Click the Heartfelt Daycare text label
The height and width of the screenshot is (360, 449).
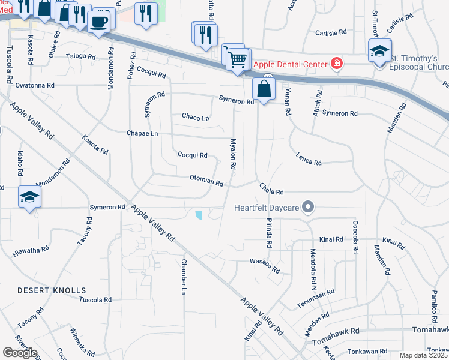click(267, 208)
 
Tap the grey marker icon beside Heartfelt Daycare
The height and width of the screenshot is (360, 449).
click(309, 208)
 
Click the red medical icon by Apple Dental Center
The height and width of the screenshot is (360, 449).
click(337, 64)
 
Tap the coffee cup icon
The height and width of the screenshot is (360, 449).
click(100, 22)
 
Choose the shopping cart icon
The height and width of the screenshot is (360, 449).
click(238, 59)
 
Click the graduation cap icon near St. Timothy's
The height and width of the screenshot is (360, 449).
click(379, 51)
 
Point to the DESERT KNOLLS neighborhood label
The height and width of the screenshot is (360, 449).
click(52, 290)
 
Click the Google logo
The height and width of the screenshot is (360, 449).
click(20, 353)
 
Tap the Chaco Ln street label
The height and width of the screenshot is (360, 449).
click(196, 116)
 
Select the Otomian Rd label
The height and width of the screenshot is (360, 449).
click(206, 179)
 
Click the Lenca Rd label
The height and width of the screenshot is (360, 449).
click(309, 158)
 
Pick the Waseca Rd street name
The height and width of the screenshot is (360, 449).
click(265, 265)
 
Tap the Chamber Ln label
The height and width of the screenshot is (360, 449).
click(184, 277)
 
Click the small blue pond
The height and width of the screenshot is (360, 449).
click(199, 214)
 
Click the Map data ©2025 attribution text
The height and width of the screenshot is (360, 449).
click(423, 355)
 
